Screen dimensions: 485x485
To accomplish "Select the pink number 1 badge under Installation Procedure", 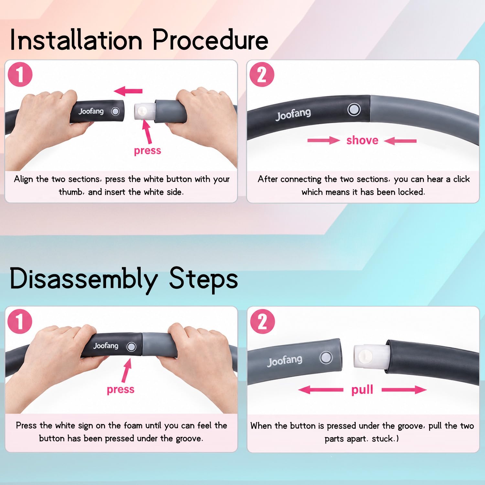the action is pyautogui.click(x=20, y=75).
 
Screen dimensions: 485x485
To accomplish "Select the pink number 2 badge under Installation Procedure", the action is pyautogui.click(x=262, y=75).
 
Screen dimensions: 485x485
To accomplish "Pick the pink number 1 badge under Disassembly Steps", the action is pyautogui.click(x=20, y=321).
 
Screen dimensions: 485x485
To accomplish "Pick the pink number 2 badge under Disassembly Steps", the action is pyautogui.click(x=262, y=322).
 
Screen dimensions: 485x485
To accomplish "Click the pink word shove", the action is pyautogui.click(x=362, y=140).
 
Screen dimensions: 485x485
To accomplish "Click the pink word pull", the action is pyautogui.click(x=362, y=390).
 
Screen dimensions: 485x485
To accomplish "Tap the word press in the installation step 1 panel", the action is pyautogui.click(x=147, y=151).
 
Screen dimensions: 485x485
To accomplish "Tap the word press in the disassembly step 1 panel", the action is pyautogui.click(x=121, y=390).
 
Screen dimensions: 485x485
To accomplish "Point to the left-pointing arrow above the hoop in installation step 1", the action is pyautogui.click(x=128, y=91).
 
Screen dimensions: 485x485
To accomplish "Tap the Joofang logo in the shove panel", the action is pyautogui.click(x=293, y=114).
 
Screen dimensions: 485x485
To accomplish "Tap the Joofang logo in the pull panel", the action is pyautogui.click(x=285, y=361).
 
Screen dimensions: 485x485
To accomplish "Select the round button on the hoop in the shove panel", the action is pyautogui.click(x=354, y=109).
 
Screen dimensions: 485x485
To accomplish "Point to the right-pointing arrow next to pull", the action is pyautogui.click(x=404, y=390).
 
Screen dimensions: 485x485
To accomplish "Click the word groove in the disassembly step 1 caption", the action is pyautogui.click(x=189, y=438).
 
